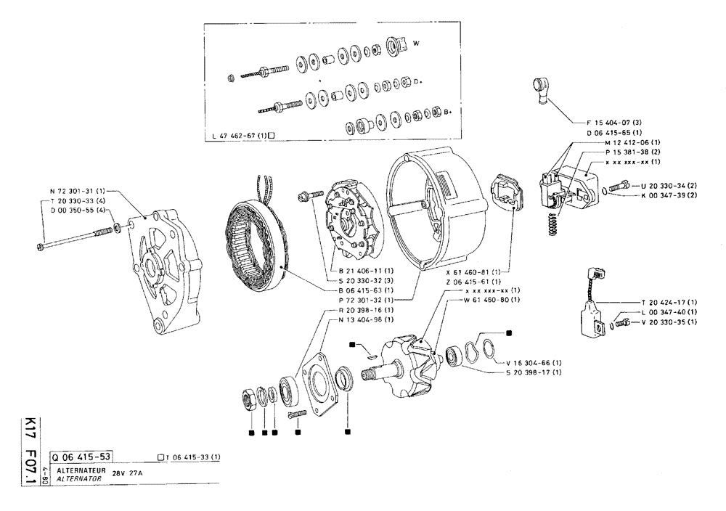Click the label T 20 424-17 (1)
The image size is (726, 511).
point(669,302)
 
